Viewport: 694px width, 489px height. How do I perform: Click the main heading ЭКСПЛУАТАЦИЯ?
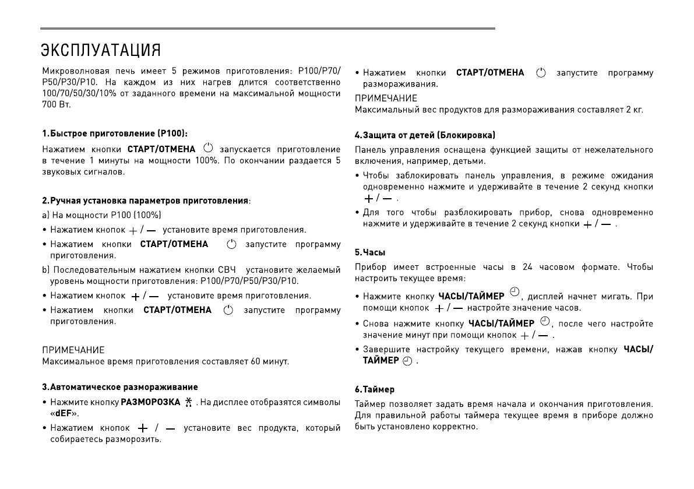[101, 50]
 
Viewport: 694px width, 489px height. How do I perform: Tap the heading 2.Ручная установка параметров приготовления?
[145, 200]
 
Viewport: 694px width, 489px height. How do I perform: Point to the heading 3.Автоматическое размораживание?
[119, 386]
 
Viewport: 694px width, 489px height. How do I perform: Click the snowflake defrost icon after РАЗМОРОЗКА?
[188, 402]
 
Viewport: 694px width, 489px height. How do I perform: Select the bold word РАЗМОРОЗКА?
[150, 402]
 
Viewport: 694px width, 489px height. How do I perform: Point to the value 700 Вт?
[56, 104]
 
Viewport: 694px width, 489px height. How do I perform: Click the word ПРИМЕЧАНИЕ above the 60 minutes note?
[73, 350]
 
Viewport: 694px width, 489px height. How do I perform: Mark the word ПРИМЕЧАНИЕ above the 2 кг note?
[386, 98]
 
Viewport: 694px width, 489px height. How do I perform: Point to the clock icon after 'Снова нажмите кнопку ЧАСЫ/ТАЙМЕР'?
[544, 322]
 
